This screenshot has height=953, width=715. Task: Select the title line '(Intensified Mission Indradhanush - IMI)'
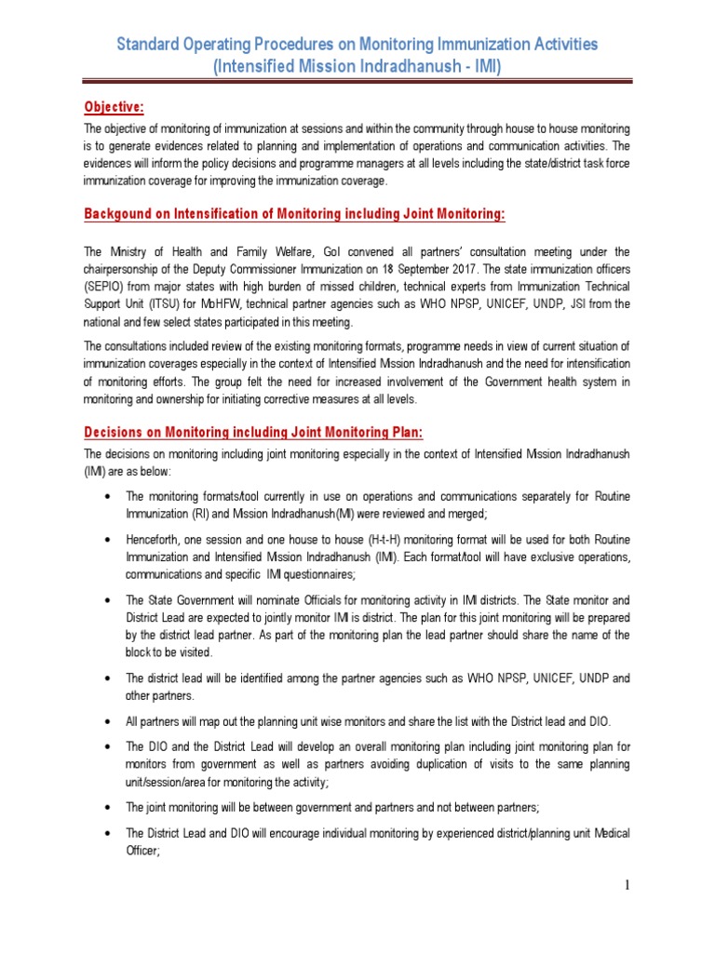(357, 68)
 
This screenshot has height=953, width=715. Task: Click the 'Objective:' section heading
(114, 106)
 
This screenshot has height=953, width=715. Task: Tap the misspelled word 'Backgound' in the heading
(118, 215)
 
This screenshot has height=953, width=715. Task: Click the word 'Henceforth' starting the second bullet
(158, 539)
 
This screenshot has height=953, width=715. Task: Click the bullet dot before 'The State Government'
(112, 600)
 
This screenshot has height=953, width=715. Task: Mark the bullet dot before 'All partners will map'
(112, 721)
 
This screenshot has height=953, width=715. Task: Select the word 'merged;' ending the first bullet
(480, 513)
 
